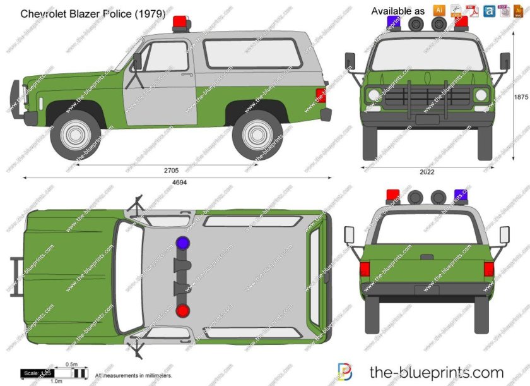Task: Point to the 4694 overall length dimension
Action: coord(180,183)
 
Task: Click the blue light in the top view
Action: coord(182,243)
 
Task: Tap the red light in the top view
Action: coord(182,310)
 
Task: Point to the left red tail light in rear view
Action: coord(365,268)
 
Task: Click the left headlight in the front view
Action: coord(374,96)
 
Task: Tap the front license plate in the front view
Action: coord(427,119)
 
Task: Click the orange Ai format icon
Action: coord(439,10)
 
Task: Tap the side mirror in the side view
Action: coord(137,61)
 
